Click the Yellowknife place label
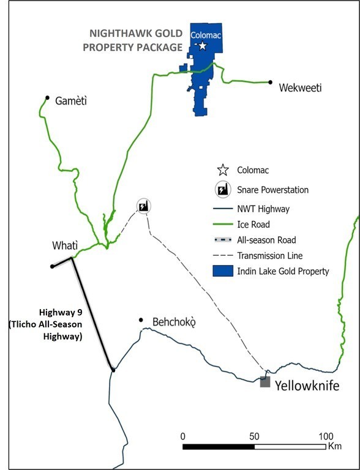coord(307,386)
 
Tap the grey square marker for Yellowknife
coord(265,382)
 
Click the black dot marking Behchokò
coord(141,319)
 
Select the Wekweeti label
coord(300,88)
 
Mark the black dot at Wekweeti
coord(269,82)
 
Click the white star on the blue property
coord(203,45)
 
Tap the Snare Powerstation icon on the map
coord(143,206)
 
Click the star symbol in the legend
coord(223,170)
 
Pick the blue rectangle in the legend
coord(223,271)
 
